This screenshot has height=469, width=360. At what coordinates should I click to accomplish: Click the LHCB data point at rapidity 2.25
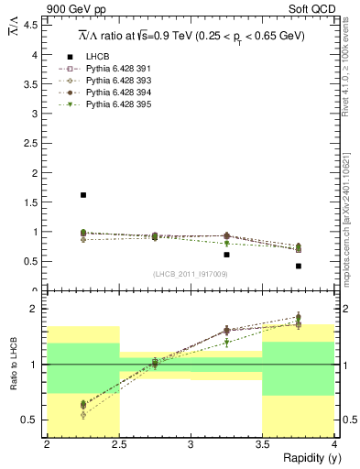pos(83,195)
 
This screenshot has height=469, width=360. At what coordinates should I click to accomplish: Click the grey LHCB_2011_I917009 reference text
pos(191,274)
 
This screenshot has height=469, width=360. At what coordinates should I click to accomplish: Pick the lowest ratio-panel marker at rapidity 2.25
pos(83,415)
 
